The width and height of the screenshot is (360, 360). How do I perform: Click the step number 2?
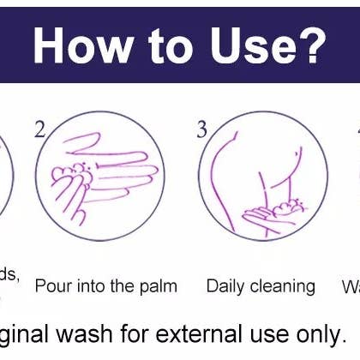[x=39, y=130]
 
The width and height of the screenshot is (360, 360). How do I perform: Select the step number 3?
[x=201, y=130]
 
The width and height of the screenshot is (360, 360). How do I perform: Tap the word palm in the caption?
[x=156, y=286]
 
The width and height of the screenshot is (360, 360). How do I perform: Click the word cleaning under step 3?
[x=285, y=286]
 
